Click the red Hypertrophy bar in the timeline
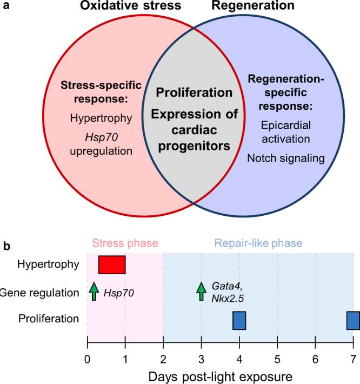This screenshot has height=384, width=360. [112, 265]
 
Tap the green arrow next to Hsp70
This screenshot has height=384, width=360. [94, 291]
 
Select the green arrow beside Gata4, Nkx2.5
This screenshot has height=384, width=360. [201, 291]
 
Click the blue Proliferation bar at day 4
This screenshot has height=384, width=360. [239, 320]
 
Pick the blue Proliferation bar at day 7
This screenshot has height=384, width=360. [353, 320]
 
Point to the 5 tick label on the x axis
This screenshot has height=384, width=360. [277, 358]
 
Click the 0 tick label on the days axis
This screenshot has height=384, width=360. [88, 358]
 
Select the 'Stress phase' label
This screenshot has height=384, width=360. [125, 243]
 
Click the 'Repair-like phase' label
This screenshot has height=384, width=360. [258, 243]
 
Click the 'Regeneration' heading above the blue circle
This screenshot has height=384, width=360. [261, 6]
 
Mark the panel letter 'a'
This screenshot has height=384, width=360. [6, 6]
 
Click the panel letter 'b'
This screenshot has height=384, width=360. [7, 244]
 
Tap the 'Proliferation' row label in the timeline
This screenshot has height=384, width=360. [49, 319]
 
